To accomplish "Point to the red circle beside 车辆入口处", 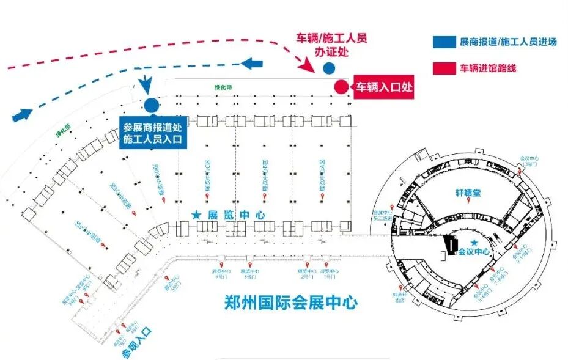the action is click(x=341, y=87).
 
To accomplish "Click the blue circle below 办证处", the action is click(x=329, y=68).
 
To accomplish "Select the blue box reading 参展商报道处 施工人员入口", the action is click(x=153, y=133).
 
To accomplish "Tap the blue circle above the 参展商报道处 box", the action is click(x=151, y=105).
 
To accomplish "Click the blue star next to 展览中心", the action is click(x=196, y=215).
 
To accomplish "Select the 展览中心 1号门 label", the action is click(x=330, y=273).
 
